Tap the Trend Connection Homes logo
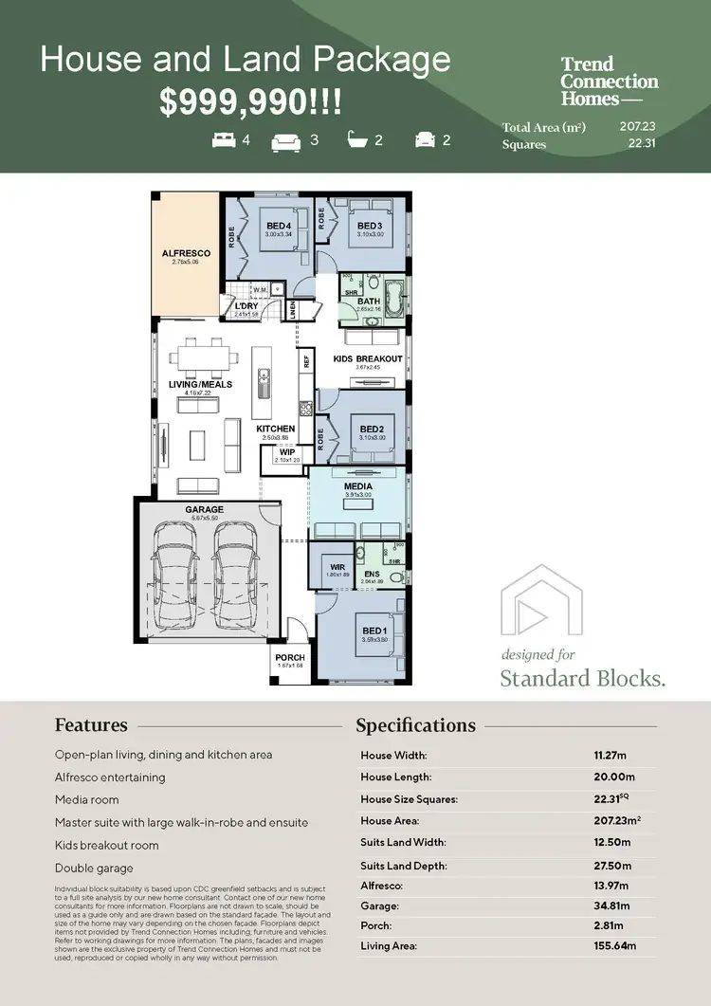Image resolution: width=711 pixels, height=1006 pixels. [609, 82]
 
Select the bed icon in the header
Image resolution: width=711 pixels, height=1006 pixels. [224, 140]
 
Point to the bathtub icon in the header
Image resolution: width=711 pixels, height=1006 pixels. [358, 140]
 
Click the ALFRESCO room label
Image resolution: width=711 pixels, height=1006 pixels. [186, 254]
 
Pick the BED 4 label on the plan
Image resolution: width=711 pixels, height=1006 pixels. [279, 225]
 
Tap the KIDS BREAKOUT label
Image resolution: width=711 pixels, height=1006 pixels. [368, 359]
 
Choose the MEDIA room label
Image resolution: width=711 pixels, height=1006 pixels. [358, 486]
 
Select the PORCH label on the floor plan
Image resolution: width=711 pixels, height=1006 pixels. [290, 658]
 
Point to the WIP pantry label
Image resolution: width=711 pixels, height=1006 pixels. [286, 452]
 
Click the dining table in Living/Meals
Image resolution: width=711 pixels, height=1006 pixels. [201, 359]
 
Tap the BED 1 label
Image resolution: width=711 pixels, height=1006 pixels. [374, 631]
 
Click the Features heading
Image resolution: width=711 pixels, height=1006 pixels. [91, 725]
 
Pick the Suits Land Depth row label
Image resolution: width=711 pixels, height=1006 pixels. [403, 866]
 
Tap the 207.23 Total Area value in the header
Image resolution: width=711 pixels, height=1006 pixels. [638, 125]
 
